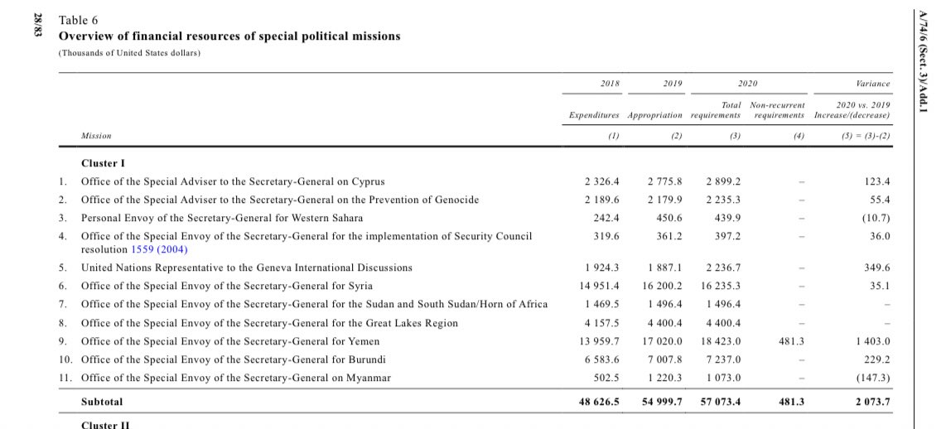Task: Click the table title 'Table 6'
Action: pos(77,21)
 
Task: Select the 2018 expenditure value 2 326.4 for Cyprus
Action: pos(602,181)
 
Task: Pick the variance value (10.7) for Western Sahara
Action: pos(875,218)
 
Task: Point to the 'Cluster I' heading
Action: pos(103,163)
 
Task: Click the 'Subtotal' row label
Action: pos(102,401)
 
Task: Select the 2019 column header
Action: pos(673,84)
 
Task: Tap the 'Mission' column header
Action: pos(96,135)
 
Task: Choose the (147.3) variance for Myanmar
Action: pos(872,378)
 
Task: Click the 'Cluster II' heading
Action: pos(104,424)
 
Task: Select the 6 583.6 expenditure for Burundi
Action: pos(602,359)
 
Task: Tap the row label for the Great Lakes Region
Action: pos(269,323)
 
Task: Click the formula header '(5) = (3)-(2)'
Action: pos(865,135)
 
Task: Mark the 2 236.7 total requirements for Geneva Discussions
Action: pos(723,268)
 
